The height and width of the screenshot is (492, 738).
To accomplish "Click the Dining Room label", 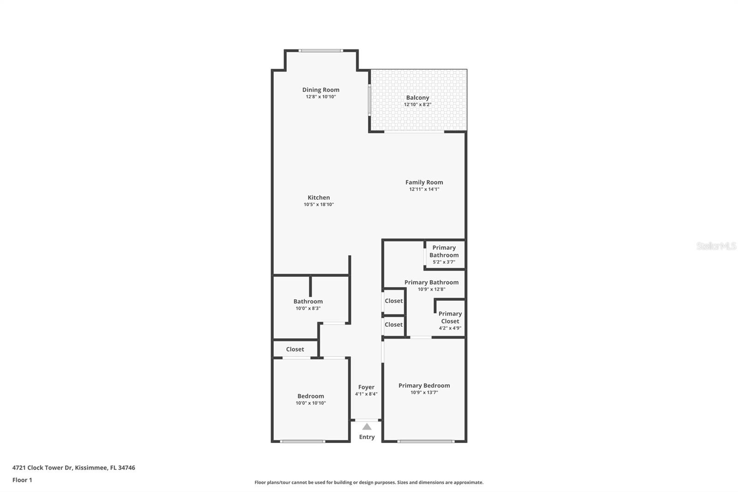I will coord(321,90).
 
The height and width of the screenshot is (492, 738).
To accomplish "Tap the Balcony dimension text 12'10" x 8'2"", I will coord(417,105).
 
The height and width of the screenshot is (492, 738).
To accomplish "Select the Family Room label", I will coord(424,182).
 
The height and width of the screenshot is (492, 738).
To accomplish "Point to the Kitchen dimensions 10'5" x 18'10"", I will coord(319,204).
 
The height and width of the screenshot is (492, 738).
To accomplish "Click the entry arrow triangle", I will coord(367,427).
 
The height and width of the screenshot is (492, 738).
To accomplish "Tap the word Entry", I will coord(367,437).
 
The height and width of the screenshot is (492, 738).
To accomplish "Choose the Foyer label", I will coord(366,387).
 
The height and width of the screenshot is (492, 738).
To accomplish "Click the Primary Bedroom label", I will coord(424,385).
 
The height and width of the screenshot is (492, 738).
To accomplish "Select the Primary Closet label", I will coord(450,318).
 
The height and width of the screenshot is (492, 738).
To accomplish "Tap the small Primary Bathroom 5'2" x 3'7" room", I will coord(444,254).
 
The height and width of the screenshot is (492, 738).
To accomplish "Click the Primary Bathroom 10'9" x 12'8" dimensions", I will coord(431,289).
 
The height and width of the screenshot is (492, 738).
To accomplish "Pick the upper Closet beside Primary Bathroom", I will coord(393,301).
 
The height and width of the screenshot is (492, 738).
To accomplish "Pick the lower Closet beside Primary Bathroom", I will coord(393,325).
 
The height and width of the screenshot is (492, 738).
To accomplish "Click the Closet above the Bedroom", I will coord(295,349).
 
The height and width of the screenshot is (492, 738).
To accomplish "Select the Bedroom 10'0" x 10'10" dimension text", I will coord(310,403).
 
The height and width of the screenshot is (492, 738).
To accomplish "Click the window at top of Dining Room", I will coord(321,51).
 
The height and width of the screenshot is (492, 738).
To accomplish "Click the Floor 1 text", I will coord(22,480).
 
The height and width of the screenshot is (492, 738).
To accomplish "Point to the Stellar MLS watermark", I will coord(716,246).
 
